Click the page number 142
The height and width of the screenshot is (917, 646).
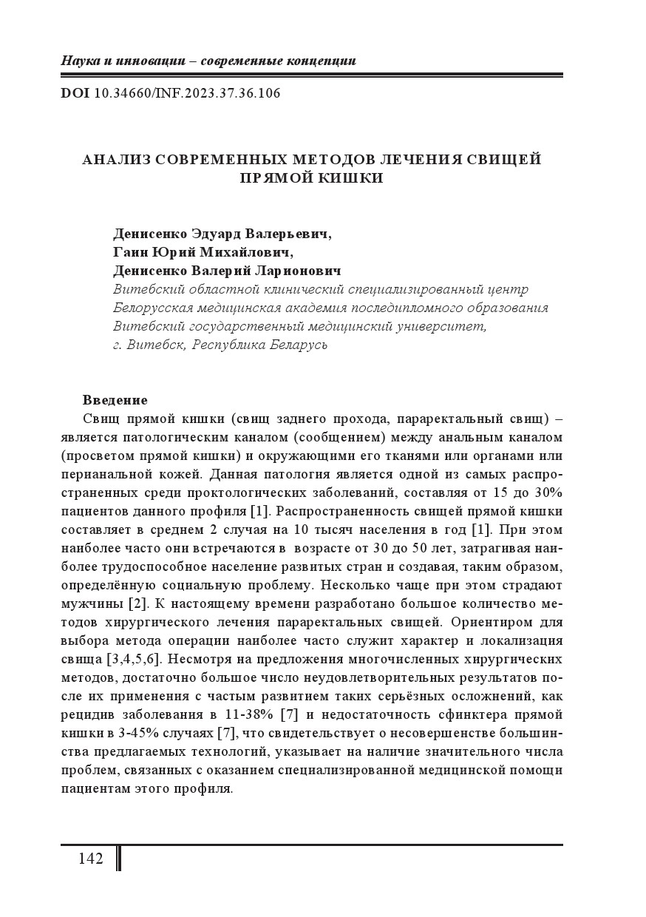pyautogui.click(x=90, y=859)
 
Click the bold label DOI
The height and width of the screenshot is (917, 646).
pyautogui.click(x=75, y=94)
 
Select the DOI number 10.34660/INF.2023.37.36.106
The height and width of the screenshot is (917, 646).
pyautogui.click(x=188, y=94)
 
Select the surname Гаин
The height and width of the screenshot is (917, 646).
pyautogui.click(x=132, y=253)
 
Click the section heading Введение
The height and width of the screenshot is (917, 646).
pyautogui.click(x=115, y=400)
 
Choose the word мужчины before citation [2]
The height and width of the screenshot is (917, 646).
pyautogui.click(x=92, y=603)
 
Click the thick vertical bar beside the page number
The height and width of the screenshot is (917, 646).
pyautogui.click(x=118, y=859)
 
